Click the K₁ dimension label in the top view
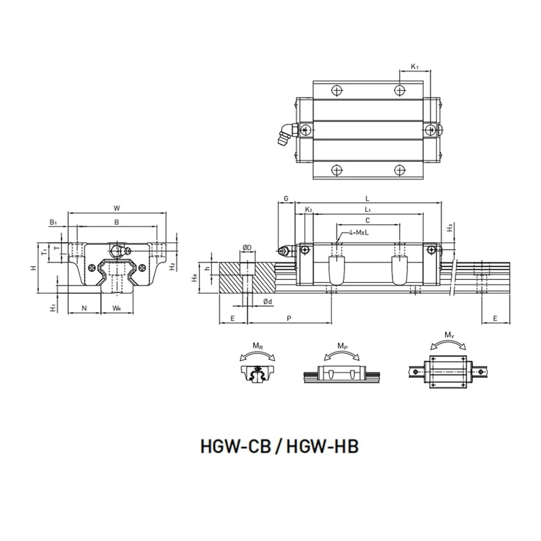[x=415, y=66]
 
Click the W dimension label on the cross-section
[x=116, y=208]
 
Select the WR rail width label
[x=116, y=308]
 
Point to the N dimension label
[x=84, y=308]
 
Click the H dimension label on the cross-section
[x=34, y=268]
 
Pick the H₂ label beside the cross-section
[x=173, y=266]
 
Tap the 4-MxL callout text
[x=359, y=233]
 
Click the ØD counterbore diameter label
[x=247, y=247]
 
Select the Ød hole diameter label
[x=267, y=302]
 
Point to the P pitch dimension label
[x=289, y=318]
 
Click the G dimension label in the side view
[x=286, y=198]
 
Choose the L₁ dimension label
[x=368, y=210]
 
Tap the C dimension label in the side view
[x=368, y=220]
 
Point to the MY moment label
[x=449, y=335]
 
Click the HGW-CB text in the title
[x=236, y=446]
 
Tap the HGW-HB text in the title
[x=322, y=446]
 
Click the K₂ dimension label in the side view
[x=308, y=210]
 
